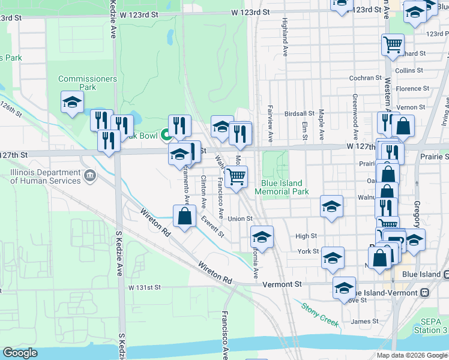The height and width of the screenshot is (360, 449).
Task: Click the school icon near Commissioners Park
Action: pyautogui.click(x=72, y=102)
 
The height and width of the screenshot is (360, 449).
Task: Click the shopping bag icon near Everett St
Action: pyautogui.click(x=184, y=216)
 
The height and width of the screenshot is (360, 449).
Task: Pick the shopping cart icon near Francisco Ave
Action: pyautogui.click(x=237, y=177)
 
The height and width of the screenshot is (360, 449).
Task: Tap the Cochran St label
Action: pyautogui.click(x=366, y=78)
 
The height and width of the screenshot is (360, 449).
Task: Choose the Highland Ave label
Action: pyautogui.click(x=284, y=33)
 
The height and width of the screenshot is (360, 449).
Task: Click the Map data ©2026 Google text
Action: pyautogui.click(x=412, y=355)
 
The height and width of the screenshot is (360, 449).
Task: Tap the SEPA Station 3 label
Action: pyautogui.click(x=430, y=326)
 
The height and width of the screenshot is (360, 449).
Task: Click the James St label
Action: pyautogui.click(x=364, y=322)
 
